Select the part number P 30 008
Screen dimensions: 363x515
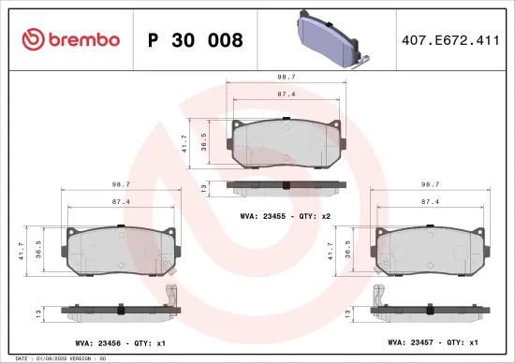(195, 40)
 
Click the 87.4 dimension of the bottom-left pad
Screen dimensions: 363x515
(120, 202)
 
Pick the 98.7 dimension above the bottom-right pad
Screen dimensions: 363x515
(431, 185)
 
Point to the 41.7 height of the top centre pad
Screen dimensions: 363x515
(185, 144)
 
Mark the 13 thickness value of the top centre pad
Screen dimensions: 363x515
(203, 188)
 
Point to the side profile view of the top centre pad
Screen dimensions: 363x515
(287, 186)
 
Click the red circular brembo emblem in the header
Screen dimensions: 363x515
(28, 39)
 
